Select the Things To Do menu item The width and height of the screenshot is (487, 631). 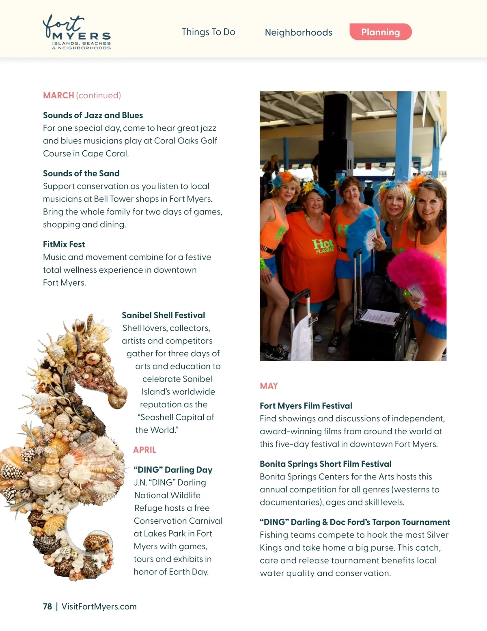tap(208, 32)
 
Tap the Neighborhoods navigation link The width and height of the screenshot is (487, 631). tap(298, 33)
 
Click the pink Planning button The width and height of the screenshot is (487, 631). tap(380, 32)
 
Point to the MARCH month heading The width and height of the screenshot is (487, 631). tap(58, 95)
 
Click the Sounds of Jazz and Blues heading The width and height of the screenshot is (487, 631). tap(93, 115)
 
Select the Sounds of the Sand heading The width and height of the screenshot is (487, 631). tap(81, 173)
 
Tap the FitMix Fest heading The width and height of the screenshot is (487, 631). tap(64, 244)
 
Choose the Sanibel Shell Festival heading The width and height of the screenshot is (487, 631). tap(163, 315)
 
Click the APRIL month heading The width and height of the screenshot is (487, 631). tap(144, 450)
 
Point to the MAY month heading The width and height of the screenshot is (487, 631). tap(269, 386)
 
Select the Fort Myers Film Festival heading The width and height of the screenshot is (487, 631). tap(306, 406)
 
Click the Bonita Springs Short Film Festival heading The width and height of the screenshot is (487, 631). tap(325, 464)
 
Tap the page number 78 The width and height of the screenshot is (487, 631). tap(47, 607)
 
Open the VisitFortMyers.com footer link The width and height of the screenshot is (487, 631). tap(99, 607)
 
